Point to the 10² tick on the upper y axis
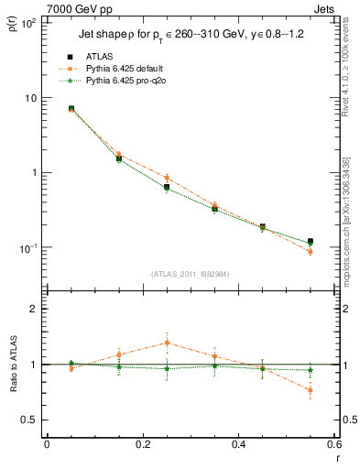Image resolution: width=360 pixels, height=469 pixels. (27, 22)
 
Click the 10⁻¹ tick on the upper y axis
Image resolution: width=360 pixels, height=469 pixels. (27, 248)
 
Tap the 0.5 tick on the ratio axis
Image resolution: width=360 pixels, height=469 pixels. (29, 420)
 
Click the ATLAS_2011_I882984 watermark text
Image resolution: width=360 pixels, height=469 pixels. (191, 274)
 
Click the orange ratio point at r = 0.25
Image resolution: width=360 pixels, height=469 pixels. (167, 343)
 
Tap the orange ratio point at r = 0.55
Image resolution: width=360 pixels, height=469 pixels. (311, 390)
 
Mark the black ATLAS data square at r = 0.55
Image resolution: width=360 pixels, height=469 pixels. (311, 242)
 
